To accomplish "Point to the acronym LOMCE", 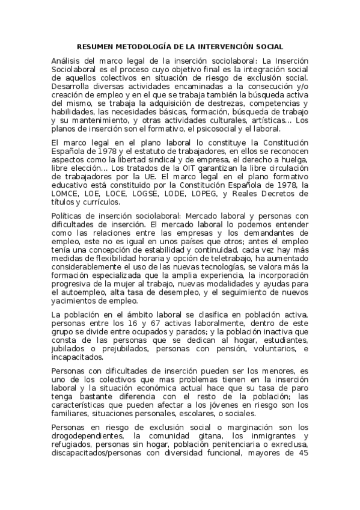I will [66, 193].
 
